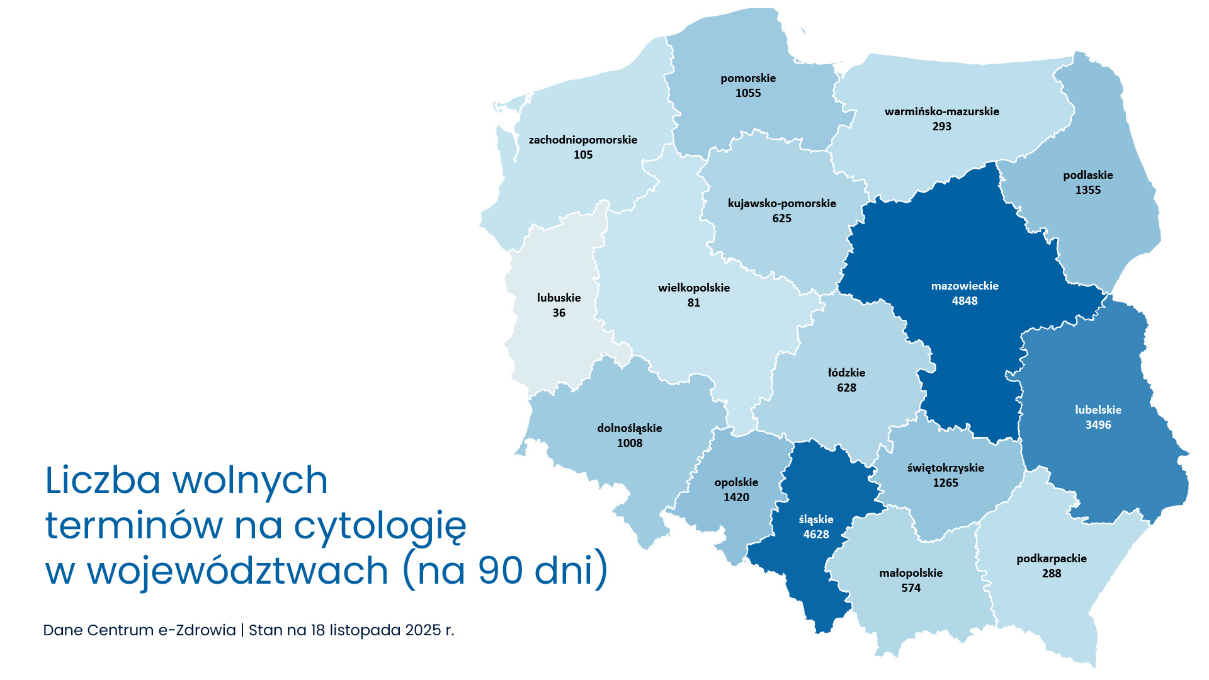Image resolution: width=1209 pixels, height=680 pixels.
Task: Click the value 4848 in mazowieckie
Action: point(965,301)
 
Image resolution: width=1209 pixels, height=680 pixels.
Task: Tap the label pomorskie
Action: point(748,78)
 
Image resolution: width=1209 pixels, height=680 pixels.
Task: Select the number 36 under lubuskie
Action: point(559,313)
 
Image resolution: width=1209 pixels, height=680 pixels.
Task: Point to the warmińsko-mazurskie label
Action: point(941,111)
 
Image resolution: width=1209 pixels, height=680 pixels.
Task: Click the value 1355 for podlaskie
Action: point(1088,190)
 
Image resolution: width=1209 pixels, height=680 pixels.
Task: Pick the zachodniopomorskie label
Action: point(583,140)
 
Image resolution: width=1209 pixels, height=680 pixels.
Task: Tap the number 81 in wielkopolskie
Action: point(694,303)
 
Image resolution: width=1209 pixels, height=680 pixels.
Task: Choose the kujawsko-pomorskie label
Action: point(782,203)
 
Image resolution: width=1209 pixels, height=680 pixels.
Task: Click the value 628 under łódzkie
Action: point(846,388)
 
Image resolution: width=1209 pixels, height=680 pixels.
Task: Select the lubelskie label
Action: point(1098,410)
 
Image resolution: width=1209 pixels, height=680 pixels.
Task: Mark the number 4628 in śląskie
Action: point(816,535)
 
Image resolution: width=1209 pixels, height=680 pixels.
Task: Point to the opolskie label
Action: point(736,482)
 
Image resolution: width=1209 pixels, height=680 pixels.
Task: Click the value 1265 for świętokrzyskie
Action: point(945,483)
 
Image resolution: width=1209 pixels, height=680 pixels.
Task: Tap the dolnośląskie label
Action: point(630,428)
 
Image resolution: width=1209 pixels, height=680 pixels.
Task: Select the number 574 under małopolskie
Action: point(911,588)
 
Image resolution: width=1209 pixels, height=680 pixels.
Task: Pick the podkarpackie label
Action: point(1052,558)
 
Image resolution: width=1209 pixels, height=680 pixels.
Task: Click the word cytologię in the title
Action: point(380,526)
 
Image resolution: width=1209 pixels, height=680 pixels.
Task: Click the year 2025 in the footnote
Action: point(423,630)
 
